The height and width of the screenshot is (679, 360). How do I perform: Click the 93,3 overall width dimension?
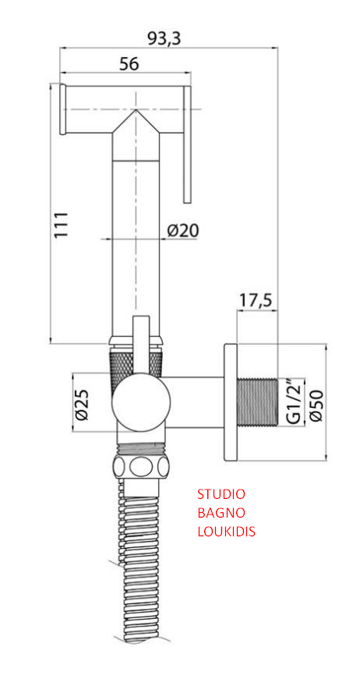[x=164, y=37]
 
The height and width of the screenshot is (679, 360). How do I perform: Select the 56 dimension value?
[x=129, y=64]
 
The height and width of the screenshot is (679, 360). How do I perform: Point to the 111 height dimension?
[x=61, y=225]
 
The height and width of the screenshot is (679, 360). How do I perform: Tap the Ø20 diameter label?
[x=182, y=230]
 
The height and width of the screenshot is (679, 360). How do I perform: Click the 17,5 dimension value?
[x=256, y=300]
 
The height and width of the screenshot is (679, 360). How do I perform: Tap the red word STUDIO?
[x=221, y=493]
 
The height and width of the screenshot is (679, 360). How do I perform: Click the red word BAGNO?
[x=221, y=513]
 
